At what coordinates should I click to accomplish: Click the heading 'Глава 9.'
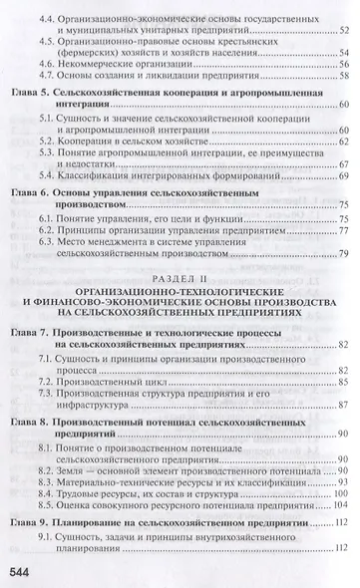coord(32,523)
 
